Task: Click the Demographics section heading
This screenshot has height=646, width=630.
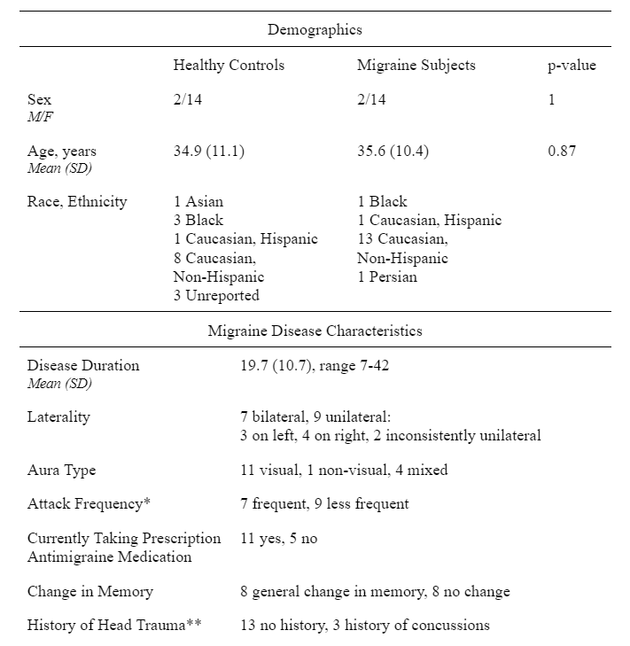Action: (x=315, y=29)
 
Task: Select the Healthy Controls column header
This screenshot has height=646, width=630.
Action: (x=229, y=66)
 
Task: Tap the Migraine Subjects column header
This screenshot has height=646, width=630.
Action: (x=416, y=66)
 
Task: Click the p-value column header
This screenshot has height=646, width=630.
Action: (x=572, y=66)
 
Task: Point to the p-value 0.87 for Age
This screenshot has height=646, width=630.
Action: (x=562, y=151)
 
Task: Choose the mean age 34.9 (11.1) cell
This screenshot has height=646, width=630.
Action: (x=209, y=151)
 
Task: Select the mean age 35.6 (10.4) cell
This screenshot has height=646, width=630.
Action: (x=393, y=151)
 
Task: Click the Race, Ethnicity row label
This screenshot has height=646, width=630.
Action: (x=77, y=201)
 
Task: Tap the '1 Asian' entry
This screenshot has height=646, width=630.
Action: (x=199, y=201)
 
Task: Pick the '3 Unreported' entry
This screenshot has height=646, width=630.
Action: (x=216, y=296)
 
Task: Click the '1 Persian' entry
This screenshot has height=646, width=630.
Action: (x=386, y=277)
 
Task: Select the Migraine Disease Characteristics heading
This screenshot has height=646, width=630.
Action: (x=315, y=331)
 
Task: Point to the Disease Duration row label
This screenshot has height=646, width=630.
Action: (x=83, y=365)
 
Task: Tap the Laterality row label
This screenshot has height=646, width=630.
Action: (x=58, y=416)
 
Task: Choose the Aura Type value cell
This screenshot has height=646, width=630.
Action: (x=344, y=470)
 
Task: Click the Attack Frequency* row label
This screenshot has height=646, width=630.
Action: (x=89, y=503)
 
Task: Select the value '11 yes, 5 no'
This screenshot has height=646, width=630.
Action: (x=278, y=538)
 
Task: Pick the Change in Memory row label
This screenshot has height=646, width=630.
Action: (x=89, y=591)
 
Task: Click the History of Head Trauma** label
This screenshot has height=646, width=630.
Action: (x=114, y=625)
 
